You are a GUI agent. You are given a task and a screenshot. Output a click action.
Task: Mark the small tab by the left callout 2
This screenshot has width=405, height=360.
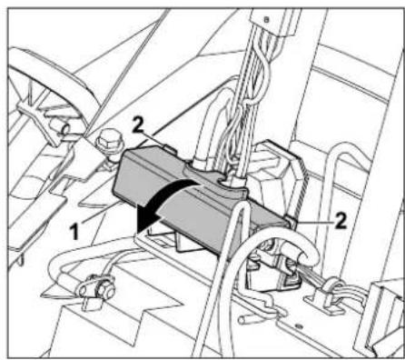pos(169,143)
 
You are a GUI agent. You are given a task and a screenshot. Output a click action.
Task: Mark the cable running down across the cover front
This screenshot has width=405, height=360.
pos(234,264)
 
